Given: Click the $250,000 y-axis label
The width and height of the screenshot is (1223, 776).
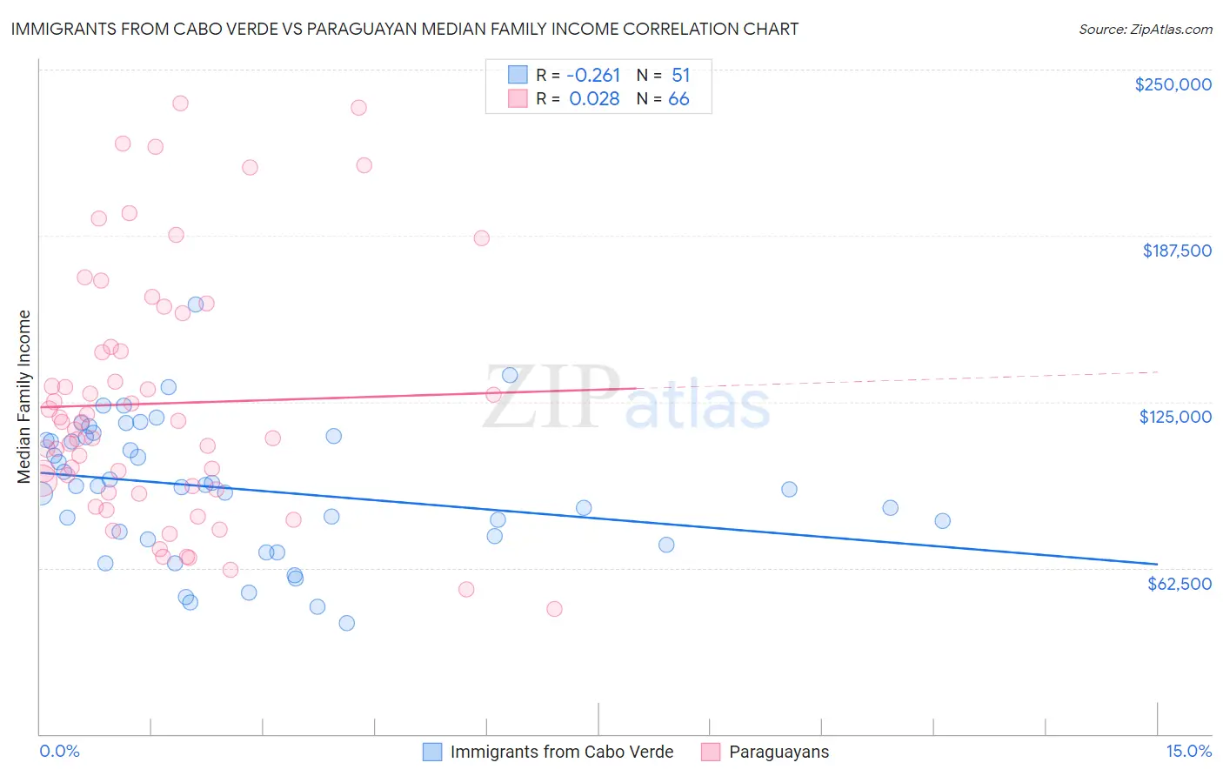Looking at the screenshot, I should tap(1173, 84).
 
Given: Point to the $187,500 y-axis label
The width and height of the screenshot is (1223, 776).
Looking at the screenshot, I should tap(1176, 251).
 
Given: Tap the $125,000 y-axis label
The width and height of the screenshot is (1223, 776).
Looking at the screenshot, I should tap(1175, 417).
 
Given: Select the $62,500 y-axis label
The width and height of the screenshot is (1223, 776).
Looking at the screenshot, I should tap(1179, 584).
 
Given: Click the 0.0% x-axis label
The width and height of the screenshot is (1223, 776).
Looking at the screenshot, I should tap(59, 751).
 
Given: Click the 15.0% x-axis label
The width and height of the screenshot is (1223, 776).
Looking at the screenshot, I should tap(1188, 751).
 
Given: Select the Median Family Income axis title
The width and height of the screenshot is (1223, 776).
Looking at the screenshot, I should tap(24, 396).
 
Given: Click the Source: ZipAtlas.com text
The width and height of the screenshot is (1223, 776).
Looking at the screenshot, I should tap(1145, 30).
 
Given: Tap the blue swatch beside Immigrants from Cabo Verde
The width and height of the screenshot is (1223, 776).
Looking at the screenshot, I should tap(432, 752).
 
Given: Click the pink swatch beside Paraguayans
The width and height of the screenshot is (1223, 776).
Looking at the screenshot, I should tap(711, 752).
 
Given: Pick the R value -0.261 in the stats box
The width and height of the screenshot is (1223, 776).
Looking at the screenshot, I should tap(594, 76).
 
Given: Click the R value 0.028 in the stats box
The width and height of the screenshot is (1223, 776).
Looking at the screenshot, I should tap(594, 99).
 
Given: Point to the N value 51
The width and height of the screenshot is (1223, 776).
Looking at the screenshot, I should tap(680, 76).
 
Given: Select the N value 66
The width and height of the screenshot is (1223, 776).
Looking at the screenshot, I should tap(678, 99).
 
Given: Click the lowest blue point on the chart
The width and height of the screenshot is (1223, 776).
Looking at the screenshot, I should tap(346, 623).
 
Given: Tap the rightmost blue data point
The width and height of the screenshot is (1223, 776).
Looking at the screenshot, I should tap(942, 521).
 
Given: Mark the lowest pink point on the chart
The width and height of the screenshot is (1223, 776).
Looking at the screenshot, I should tap(554, 609).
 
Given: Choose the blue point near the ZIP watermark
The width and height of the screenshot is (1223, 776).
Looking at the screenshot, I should tap(510, 376).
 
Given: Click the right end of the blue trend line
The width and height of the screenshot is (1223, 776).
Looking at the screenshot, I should tap(1157, 564).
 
